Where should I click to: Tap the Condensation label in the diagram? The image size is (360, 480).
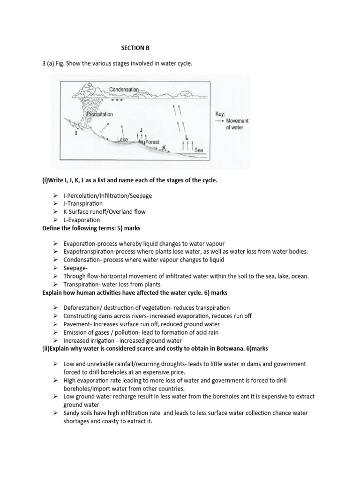[x=124, y=90]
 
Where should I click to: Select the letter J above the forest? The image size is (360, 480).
[x=142, y=129]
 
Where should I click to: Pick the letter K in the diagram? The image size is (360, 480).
[x=164, y=148]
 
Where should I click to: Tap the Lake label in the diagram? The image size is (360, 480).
[x=123, y=139]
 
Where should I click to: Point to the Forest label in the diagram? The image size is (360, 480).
[x=153, y=142]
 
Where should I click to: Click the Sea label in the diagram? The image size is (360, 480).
[x=199, y=150]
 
